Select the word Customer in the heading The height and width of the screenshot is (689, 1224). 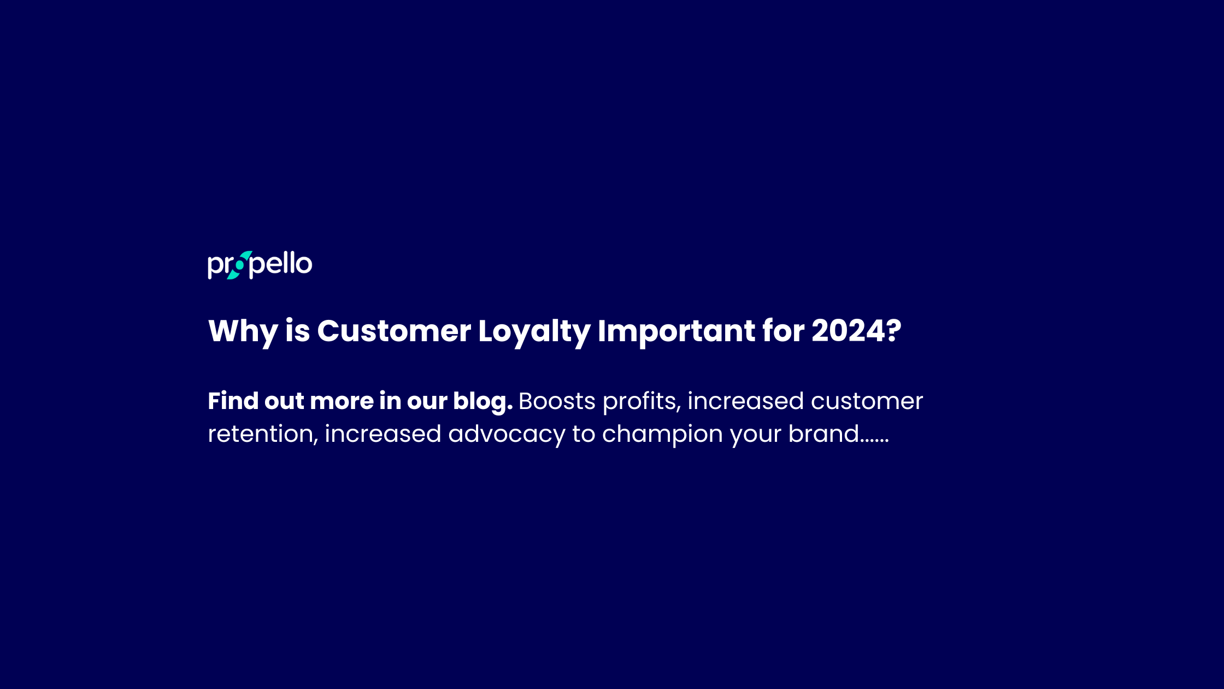click(393, 331)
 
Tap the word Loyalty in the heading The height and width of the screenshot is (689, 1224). click(534, 331)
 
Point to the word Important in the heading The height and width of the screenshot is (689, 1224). click(676, 331)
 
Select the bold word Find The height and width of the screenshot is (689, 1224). click(233, 401)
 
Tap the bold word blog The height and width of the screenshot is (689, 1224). click(482, 402)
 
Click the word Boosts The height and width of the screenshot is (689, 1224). click(557, 401)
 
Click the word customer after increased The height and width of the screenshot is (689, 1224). click(867, 401)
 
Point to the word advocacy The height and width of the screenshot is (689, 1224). click(507, 435)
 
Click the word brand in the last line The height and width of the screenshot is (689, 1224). click(824, 434)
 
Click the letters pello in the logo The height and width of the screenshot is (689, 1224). click(281, 265)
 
